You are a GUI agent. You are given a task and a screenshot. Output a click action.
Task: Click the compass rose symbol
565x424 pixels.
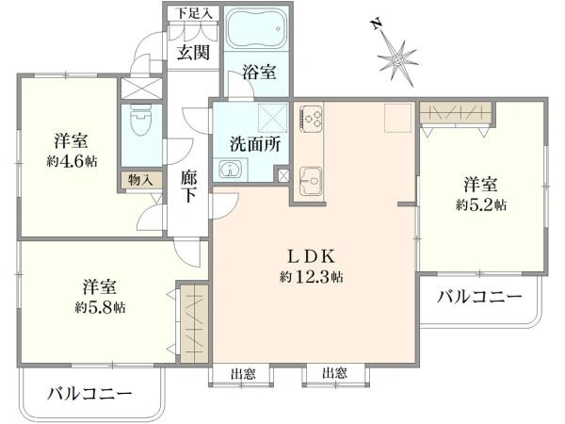(x=397, y=59)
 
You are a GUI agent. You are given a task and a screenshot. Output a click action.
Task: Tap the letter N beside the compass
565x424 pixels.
(x=377, y=24)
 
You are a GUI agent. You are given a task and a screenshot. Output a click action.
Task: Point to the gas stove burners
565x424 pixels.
(x=311, y=117)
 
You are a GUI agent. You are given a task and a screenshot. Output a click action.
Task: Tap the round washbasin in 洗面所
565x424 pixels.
(x=229, y=170)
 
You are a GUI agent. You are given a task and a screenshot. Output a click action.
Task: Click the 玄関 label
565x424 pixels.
(x=193, y=53)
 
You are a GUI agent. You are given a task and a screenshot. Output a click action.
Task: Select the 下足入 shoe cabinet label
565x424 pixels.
(x=194, y=14)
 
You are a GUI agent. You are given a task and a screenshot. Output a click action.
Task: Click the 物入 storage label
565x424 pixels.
(x=140, y=180)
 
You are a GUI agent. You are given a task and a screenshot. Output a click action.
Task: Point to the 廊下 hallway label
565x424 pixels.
(x=189, y=186)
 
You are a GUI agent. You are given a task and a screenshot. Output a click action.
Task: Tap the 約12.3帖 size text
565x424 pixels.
(x=312, y=277)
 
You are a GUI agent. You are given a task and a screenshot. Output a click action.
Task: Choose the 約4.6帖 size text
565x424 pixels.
(x=72, y=161)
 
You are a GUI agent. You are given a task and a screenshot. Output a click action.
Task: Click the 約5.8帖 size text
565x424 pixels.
(x=100, y=307)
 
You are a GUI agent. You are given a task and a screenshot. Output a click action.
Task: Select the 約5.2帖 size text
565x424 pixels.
(x=481, y=205)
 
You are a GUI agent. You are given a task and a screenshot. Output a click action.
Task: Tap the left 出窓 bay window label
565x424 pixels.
(x=243, y=374)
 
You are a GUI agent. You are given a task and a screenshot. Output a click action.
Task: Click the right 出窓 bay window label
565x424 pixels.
(x=334, y=373)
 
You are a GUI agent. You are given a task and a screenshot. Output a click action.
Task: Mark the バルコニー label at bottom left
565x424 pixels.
(x=89, y=394)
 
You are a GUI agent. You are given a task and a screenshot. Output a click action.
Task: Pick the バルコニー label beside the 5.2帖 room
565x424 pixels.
(x=479, y=297)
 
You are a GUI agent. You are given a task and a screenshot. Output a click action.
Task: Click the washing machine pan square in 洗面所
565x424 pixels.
(x=273, y=118)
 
